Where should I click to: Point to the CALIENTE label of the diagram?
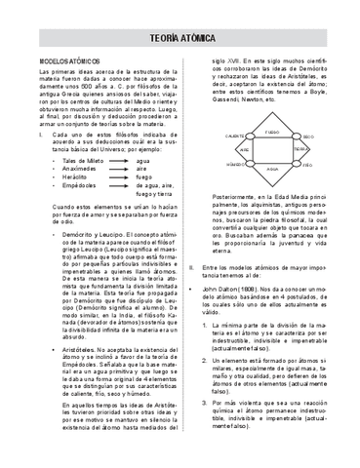234,136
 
